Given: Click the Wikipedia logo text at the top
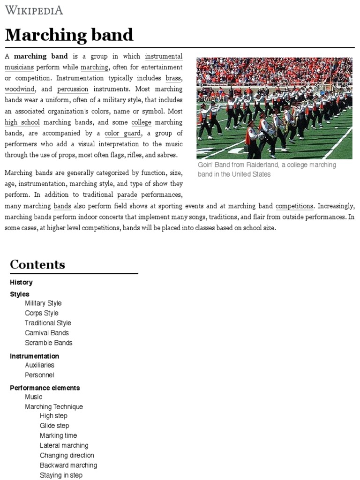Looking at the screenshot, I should click(33, 10).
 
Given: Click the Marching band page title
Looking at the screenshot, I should click(69, 35).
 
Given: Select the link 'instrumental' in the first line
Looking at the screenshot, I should click(164, 56).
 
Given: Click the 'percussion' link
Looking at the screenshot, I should click(73, 89).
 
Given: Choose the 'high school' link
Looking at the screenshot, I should click(22, 122).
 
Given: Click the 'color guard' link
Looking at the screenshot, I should click(122, 133).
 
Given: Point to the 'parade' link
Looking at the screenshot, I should click(127, 195).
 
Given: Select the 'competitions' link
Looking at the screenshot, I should click(294, 206).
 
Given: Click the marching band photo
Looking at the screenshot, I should click(274, 108).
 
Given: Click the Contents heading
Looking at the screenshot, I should click(37, 264).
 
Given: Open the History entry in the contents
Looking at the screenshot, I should click(21, 282).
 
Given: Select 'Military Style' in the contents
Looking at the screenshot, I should click(43, 303).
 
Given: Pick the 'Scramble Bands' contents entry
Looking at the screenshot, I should click(49, 343).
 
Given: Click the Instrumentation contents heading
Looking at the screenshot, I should click(34, 356).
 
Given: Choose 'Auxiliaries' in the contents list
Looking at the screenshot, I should click(39, 365).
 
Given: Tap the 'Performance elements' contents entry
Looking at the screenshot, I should click(45, 388).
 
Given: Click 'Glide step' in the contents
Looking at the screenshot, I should click(54, 426).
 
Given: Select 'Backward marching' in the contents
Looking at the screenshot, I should click(68, 465).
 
